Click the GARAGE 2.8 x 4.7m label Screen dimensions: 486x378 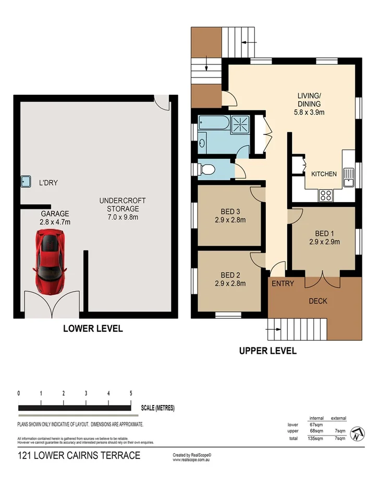[55, 218]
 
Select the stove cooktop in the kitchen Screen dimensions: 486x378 [326, 196]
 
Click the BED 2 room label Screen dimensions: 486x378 [230, 279]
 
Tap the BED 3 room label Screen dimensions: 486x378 [230, 216]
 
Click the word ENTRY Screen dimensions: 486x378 [283, 284]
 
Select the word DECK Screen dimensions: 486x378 [318, 301]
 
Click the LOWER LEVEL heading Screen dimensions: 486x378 [93, 328]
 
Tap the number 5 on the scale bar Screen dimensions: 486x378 [131, 393]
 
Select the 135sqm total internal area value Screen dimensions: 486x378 [316, 439]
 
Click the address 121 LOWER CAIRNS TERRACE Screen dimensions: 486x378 [79, 455]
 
